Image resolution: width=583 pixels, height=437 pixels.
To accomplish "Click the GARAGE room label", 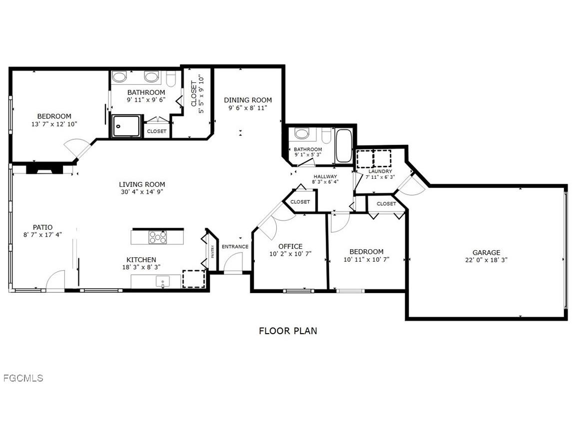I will pyautogui.click(x=486, y=253).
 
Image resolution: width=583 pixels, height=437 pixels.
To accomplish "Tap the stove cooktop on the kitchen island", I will pyautogui.click(x=157, y=237).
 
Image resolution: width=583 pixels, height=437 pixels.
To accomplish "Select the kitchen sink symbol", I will pyautogui.click(x=163, y=282).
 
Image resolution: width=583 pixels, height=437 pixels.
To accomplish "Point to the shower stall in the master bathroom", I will pyautogui.click(x=126, y=126).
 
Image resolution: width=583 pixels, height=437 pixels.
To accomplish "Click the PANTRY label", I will pyautogui.click(x=213, y=250).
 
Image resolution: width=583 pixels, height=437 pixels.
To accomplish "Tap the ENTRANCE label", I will pyautogui.click(x=235, y=247).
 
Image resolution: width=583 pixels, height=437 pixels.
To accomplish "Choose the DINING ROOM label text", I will pyautogui.click(x=248, y=100).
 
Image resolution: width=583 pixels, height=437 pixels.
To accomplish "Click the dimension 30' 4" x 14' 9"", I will pyautogui.click(x=142, y=192).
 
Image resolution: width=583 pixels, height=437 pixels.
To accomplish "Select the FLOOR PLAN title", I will pyautogui.click(x=288, y=331).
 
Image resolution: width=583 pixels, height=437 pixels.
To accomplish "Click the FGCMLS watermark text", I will pyautogui.click(x=23, y=378).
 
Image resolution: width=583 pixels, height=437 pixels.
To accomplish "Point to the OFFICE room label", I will pyautogui.click(x=290, y=246).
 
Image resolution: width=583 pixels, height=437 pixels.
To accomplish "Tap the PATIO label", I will pyautogui.click(x=42, y=227).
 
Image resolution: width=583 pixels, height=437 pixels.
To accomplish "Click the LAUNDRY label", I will pyautogui.click(x=380, y=171).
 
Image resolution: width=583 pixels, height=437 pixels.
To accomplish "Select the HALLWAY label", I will pyautogui.click(x=325, y=176).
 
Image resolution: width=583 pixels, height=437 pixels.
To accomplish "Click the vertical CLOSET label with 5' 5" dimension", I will pyautogui.click(x=194, y=93).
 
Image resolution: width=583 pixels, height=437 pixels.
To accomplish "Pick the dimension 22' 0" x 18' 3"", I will pyautogui.click(x=486, y=260).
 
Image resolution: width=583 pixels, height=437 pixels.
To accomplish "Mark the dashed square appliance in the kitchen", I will pyautogui.click(x=193, y=279).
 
